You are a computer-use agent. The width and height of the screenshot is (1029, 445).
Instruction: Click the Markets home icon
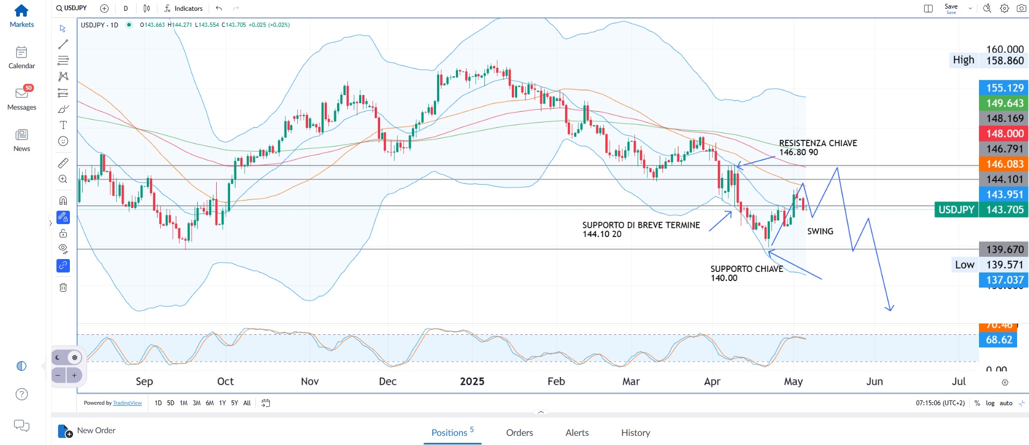tap(22, 11)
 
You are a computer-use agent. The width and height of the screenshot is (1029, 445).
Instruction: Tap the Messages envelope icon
tap(22, 94)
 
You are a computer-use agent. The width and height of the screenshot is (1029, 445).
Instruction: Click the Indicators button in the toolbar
tap(184, 8)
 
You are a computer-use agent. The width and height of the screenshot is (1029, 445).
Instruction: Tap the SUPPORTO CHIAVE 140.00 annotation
tap(746, 273)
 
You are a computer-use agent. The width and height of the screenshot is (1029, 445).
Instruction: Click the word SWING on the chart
tap(820, 231)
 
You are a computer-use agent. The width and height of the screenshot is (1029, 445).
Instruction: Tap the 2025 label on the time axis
tap(472, 381)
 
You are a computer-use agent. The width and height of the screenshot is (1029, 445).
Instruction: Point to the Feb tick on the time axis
tap(556, 381)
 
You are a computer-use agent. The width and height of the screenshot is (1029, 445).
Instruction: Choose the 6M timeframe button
tap(210, 403)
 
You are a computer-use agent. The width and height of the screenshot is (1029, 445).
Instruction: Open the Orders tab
tap(519, 433)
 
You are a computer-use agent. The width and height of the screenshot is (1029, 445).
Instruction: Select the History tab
tap(635, 433)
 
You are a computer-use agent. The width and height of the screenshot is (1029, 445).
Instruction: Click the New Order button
tap(87, 430)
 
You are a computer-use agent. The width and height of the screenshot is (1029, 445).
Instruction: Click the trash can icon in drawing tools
tap(63, 288)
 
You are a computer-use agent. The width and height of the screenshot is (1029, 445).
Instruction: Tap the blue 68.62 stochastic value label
tap(998, 340)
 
